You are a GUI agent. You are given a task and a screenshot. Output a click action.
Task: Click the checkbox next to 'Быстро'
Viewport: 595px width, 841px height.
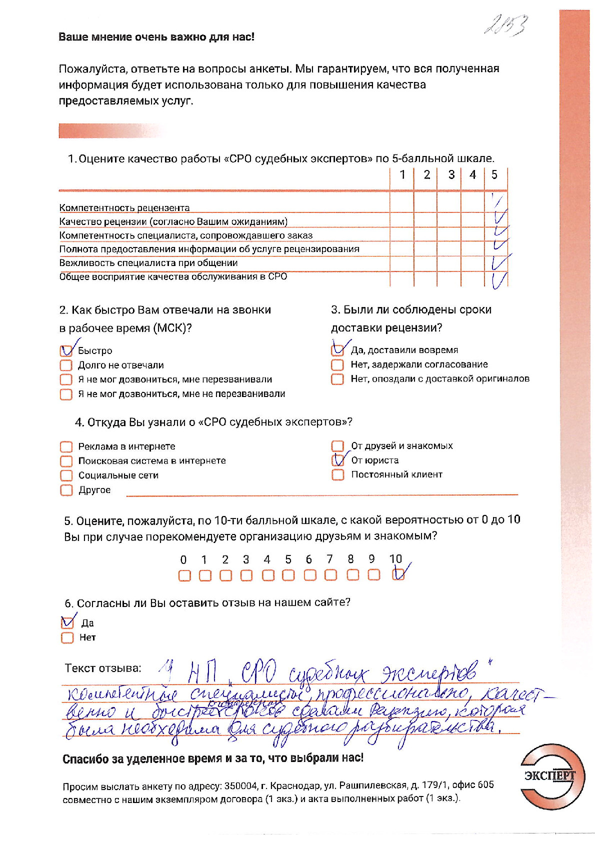(x=66, y=350)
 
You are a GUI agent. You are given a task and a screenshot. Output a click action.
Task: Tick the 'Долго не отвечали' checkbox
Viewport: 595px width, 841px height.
(x=66, y=365)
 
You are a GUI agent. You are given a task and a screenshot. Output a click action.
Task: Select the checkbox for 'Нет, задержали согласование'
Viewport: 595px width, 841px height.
(x=337, y=365)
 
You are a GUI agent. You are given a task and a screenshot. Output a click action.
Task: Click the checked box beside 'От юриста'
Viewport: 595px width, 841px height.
(x=338, y=460)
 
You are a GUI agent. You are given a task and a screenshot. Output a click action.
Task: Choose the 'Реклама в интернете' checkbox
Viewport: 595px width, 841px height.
(x=66, y=446)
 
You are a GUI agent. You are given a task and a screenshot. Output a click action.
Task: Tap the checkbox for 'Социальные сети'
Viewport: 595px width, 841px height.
(x=66, y=475)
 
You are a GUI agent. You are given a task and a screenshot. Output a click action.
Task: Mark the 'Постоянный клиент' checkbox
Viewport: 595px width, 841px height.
(x=338, y=474)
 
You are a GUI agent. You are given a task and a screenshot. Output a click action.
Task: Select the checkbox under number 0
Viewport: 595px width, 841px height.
(x=184, y=575)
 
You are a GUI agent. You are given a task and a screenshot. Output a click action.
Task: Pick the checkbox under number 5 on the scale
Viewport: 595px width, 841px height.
(x=288, y=575)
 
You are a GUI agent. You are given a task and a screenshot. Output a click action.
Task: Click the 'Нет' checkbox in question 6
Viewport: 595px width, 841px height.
(x=67, y=637)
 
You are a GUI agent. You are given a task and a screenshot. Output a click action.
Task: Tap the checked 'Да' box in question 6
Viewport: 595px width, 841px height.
(x=67, y=623)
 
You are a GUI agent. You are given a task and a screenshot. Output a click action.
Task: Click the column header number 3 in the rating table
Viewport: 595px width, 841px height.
(x=451, y=174)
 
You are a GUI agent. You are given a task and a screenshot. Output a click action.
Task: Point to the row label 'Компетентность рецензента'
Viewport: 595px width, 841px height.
(x=124, y=207)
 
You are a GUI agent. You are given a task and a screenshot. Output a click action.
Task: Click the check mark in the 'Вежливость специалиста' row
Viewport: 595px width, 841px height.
(x=500, y=262)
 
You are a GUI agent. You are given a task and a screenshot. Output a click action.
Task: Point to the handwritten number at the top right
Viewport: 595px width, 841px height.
(x=505, y=25)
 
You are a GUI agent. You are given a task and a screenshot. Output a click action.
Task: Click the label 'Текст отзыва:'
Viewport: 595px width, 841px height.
(x=103, y=668)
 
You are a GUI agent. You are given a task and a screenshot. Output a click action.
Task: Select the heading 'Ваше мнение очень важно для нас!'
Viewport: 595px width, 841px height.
(x=156, y=36)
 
